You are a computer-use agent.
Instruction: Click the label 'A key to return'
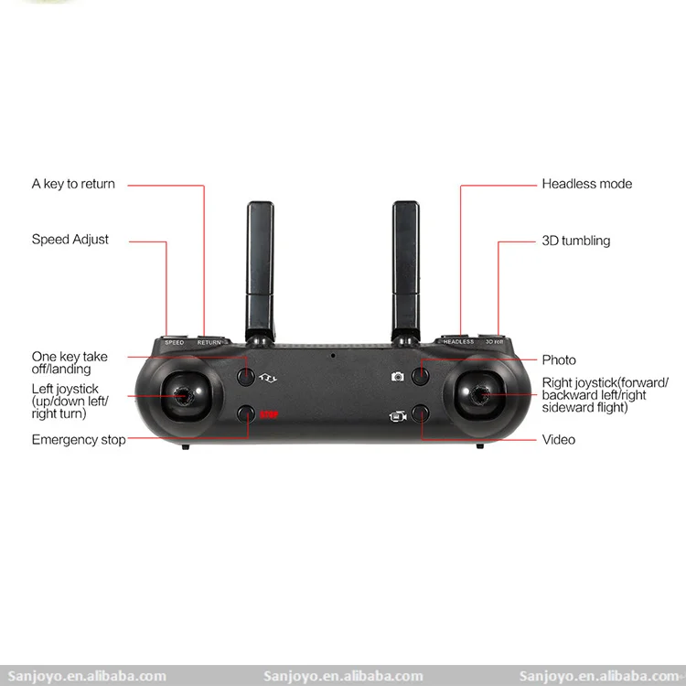[x=73, y=184]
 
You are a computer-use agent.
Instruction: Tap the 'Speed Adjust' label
[x=70, y=240]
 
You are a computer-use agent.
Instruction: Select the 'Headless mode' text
[x=586, y=184]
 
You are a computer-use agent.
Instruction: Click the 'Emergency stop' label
[x=79, y=440]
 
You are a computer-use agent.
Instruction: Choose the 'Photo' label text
[x=559, y=360]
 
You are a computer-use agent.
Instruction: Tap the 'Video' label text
[x=558, y=440]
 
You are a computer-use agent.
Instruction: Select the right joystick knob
[x=479, y=396]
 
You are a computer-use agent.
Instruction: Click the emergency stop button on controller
[x=245, y=414]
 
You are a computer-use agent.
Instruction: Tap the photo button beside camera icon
[x=420, y=375]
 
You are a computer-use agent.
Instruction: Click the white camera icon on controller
[x=398, y=376]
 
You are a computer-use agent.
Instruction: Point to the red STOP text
[x=269, y=414]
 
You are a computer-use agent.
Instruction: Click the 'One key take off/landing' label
[x=70, y=363]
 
